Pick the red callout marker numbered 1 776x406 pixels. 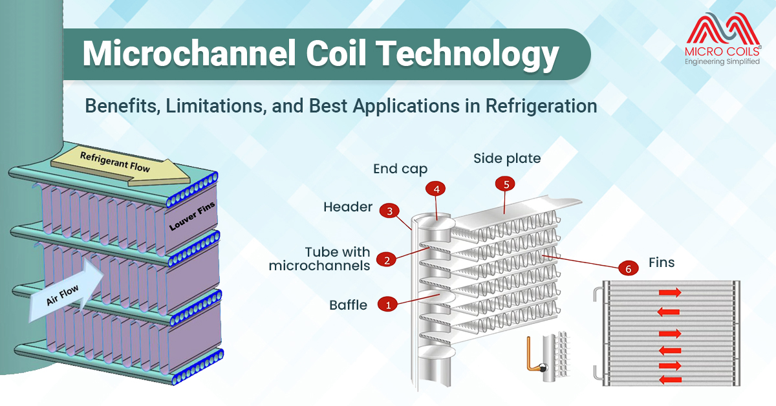388,304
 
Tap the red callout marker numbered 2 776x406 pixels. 387,260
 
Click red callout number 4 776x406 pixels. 436,189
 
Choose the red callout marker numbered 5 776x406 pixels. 506,184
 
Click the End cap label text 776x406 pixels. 400,169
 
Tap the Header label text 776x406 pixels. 348,208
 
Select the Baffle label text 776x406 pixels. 347,304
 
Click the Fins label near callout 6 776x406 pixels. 662,263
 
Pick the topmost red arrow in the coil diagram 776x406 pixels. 669,293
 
